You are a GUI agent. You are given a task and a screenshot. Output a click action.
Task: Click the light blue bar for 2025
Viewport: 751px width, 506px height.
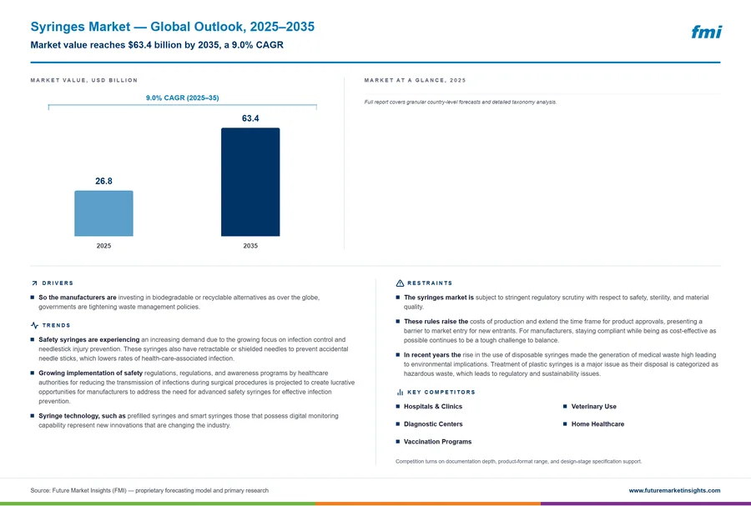coord(103,213)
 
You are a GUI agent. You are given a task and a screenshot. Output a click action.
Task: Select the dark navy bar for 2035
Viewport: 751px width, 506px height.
coord(250,182)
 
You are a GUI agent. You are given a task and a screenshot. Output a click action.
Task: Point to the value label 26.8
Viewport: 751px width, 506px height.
coord(103,181)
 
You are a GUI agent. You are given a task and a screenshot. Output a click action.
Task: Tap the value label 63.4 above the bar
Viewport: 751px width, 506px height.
coord(250,118)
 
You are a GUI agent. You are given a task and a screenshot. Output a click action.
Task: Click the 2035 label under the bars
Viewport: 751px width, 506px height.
coord(250,246)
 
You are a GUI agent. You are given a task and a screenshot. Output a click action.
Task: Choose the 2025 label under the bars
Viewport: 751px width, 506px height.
coord(103,246)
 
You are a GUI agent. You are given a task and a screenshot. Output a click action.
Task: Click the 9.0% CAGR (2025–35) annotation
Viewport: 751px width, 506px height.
coord(183,98)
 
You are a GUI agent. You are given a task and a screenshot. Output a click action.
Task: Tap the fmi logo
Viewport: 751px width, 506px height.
coord(707,32)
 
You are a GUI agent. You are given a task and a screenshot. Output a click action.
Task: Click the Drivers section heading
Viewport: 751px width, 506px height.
coord(58,283)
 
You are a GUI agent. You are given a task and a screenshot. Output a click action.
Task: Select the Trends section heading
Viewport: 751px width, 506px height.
coord(56,325)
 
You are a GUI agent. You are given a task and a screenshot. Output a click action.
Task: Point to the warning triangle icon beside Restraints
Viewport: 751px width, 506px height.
coord(400,283)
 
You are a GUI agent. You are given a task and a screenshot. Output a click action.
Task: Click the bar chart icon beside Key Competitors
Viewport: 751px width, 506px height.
coord(400,392)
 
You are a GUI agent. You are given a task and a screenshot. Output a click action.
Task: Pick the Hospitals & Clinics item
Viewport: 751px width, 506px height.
coord(433,407)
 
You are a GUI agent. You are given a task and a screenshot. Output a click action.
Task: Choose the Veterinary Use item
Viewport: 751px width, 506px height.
coord(594,407)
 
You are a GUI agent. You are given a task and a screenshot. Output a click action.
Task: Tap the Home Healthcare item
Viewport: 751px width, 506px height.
coord(597,424)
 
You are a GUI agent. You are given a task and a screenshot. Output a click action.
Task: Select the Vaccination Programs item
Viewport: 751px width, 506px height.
coord(438,442)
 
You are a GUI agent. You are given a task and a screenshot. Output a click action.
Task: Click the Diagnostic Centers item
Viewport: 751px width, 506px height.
coord(433,424)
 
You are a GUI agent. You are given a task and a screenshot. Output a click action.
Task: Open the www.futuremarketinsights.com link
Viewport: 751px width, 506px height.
coord(674,490)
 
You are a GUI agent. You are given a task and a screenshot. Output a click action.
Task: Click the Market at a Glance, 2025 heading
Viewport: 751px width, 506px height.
coord(415,80)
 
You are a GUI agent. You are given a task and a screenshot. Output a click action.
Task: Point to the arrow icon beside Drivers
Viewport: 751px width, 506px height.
coord(34,283)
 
